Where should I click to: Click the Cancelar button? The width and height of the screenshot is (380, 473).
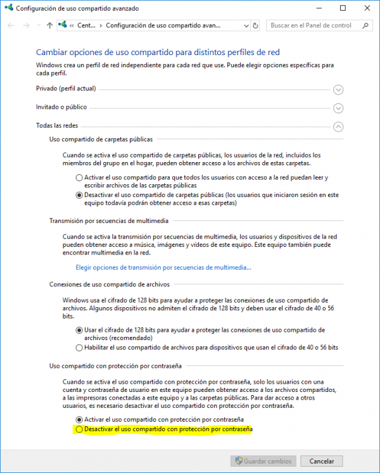[x=322, y=461]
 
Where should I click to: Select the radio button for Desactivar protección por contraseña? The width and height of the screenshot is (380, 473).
[x=79, y=430]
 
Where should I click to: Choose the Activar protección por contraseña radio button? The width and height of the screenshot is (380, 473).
[x=79, y=419]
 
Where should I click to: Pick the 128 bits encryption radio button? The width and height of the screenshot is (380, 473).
[x=79, y=330]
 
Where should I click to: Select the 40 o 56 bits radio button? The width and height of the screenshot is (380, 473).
[x=79, y=348]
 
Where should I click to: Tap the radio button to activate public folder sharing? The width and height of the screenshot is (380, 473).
[x=79, y=178]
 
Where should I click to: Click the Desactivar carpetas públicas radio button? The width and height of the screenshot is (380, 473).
[x=79, y=196]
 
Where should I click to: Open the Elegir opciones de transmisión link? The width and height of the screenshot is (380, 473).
[x=163, y=267]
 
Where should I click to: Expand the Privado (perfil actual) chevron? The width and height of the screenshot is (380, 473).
[x=338, y=90]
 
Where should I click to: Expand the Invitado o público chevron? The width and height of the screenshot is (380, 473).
[x=338, y=108]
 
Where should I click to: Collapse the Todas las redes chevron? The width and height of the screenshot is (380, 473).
[x=338, y=127]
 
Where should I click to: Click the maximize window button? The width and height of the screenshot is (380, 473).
[x=343, y=8]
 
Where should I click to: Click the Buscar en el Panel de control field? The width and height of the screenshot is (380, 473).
[x=313, y=26]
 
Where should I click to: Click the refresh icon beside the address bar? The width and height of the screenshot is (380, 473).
[x=255, y=26]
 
